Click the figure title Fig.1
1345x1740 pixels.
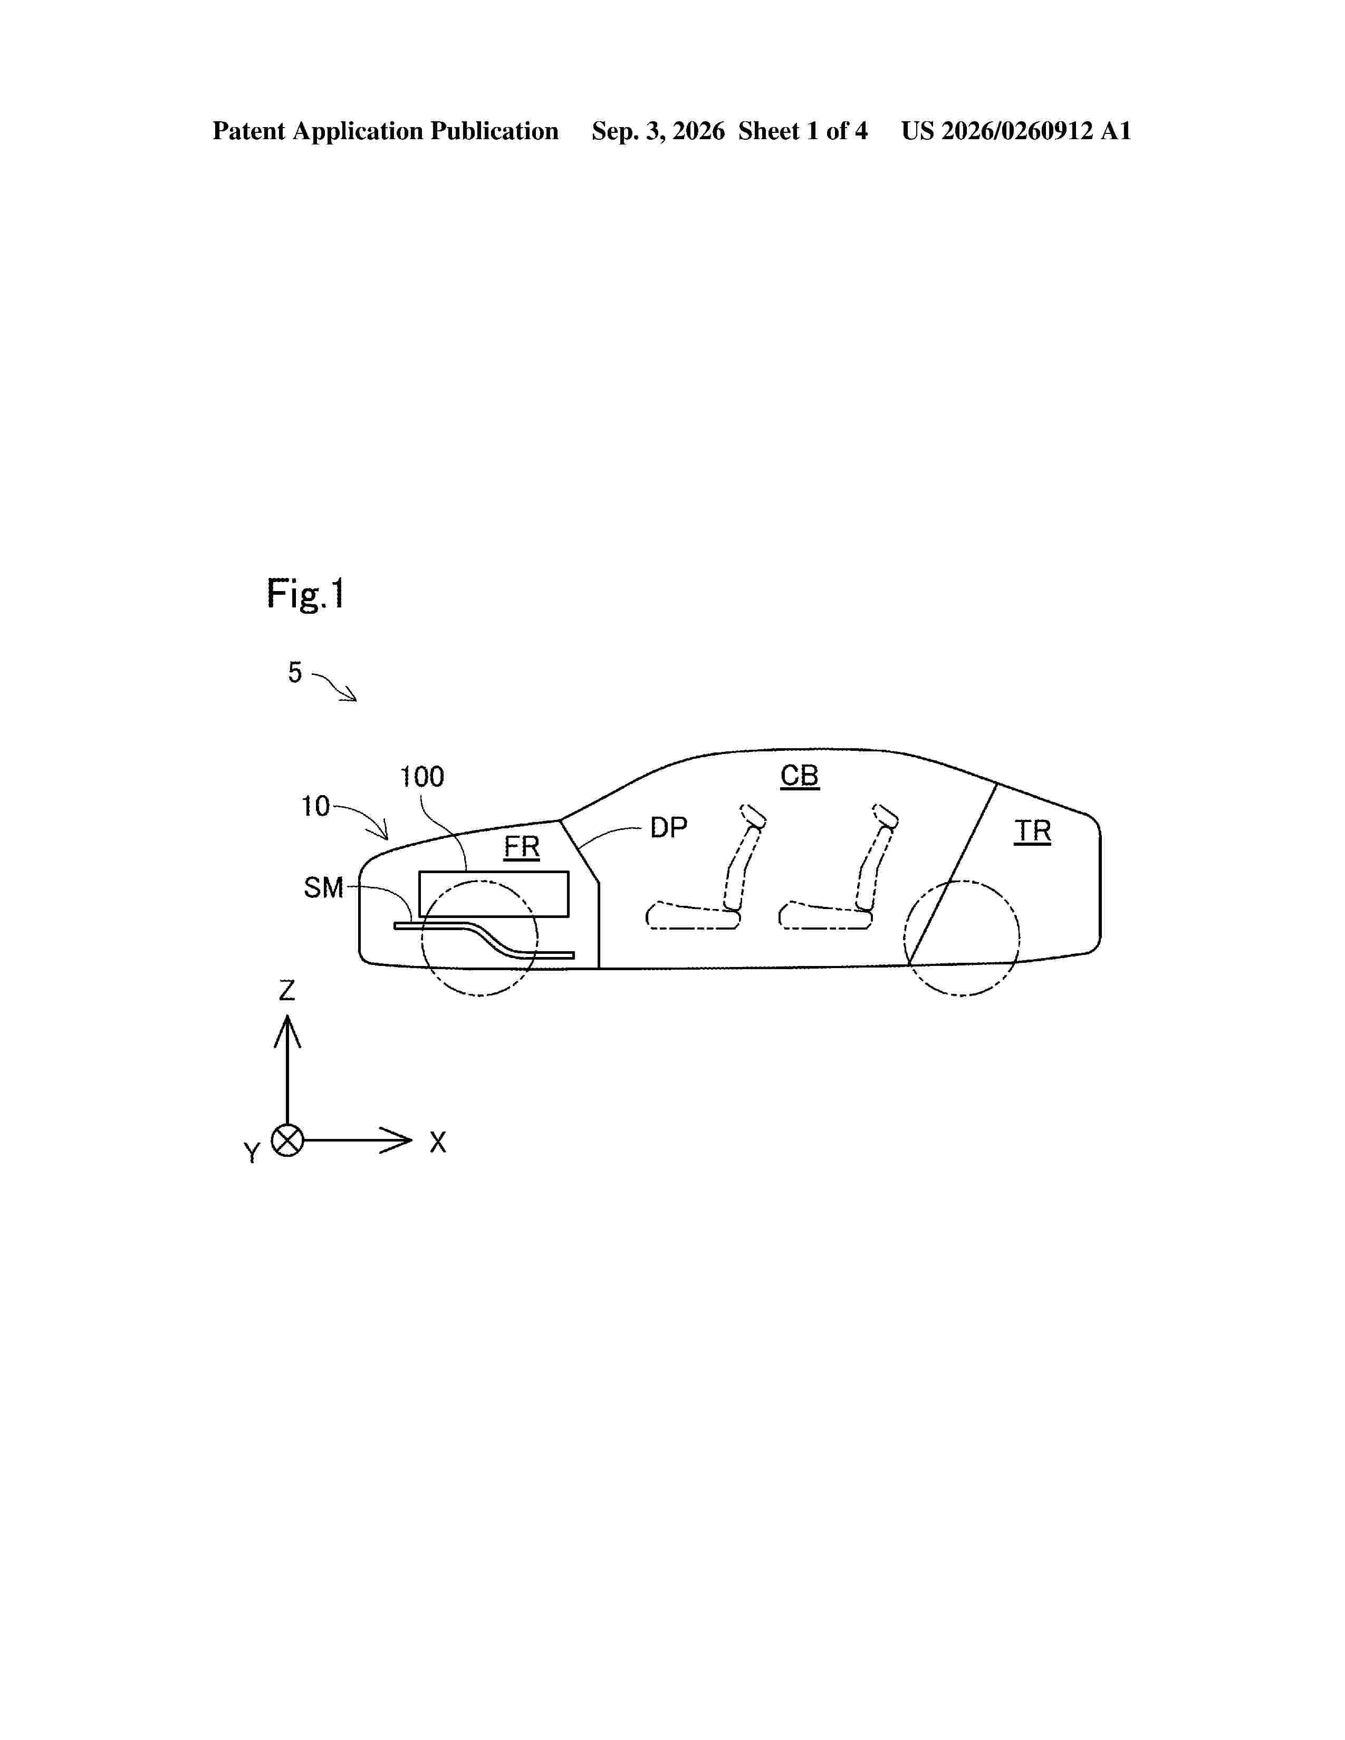click(x=306, y=594)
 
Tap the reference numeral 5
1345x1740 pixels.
click(x=295, y=672)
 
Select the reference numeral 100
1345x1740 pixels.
click(x=421, y=776)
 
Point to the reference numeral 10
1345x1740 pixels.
click(x=315, y=806)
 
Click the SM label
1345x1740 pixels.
click(x=323, y=887)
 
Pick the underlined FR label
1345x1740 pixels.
click(x=522, y=847)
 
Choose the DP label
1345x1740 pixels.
click(x=668, y=828)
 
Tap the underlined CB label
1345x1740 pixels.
click(x=799, y=776)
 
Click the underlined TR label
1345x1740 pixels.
click(x=1033, y=832)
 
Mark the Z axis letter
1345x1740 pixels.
click(x=287, y=990)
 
